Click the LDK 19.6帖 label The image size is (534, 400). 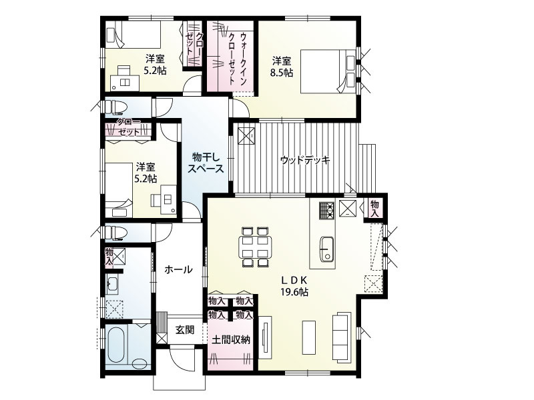[294, 286]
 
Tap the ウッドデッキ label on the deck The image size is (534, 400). [305, 160]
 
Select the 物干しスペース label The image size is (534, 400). [206, 163]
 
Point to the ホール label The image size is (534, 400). [178, 270]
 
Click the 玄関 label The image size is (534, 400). [185, 329]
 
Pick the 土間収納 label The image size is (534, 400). [231, 340]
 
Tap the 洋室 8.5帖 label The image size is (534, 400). [282, 67]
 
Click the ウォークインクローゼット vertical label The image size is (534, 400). [238, 59]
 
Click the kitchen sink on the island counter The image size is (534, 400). [326, 249]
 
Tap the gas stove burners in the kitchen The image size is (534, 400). [327, 210]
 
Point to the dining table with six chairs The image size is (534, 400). [255, 247]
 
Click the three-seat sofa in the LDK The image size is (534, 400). [342, 336]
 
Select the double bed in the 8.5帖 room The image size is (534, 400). [328, 71]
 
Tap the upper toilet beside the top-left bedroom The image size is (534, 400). [115, 107]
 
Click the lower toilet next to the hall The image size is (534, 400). [115, 233]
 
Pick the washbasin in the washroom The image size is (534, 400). [112, 285]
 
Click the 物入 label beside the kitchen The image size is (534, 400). [374, 209]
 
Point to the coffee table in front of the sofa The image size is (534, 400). [309, 337]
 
